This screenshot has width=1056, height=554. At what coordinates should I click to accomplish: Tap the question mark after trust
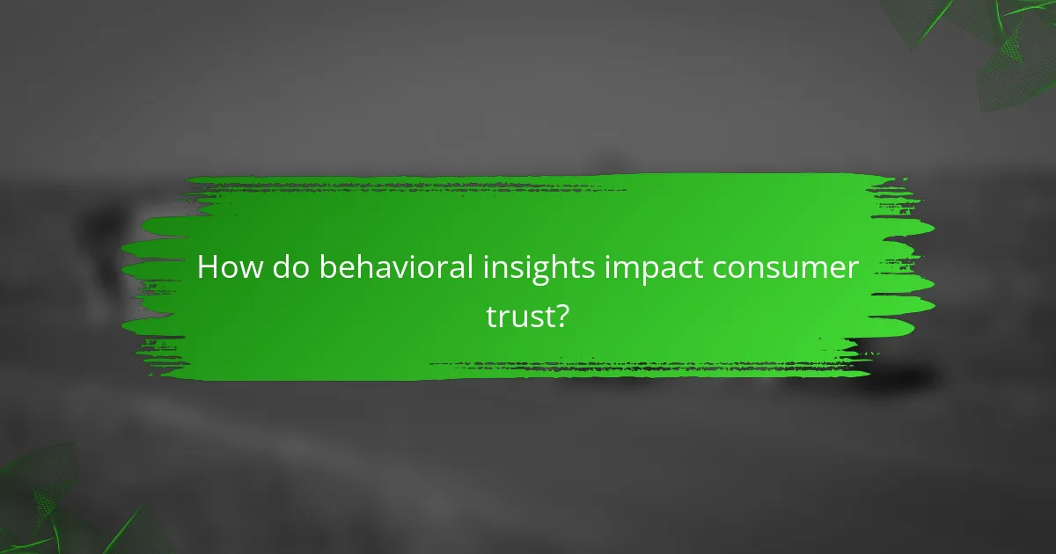561,316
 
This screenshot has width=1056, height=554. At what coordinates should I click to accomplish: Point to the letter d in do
282,267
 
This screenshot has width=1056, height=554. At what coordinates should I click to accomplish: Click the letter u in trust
520,317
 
